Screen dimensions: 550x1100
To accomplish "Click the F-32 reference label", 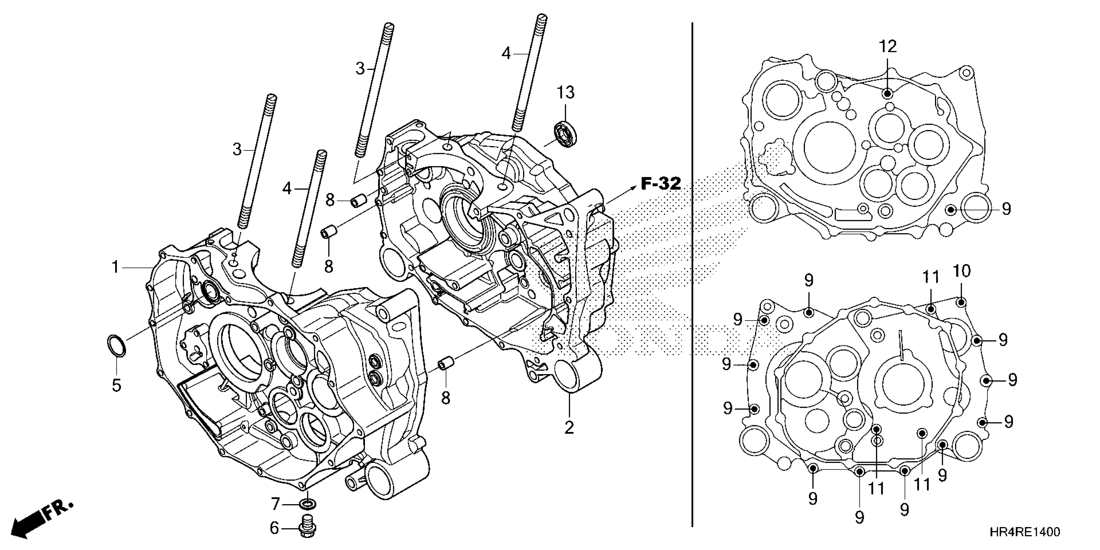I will click(661, 184).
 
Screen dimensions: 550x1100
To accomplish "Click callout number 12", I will click(888, 47).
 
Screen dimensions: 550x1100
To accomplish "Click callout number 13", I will click(566, 93).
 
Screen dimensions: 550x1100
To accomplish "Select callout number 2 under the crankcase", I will click(569, 427).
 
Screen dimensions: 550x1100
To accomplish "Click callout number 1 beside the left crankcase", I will click(115, 268).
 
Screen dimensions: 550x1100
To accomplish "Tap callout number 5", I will click(116, 385).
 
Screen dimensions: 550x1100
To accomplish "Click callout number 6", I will click(274, 528).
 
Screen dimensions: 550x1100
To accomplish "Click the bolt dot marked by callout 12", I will click(887, 93).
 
